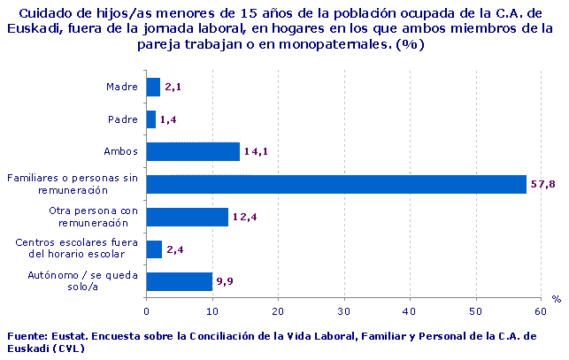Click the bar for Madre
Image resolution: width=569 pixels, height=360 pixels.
153,87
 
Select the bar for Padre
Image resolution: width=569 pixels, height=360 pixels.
150,119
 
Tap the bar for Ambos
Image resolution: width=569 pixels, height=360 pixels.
192,151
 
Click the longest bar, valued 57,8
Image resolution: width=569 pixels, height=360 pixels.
336,184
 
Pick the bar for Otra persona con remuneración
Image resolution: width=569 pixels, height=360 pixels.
187,217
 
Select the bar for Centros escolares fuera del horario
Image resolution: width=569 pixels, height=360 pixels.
154,249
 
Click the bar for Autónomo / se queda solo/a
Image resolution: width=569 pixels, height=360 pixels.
179,281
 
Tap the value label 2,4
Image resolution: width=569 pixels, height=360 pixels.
175,249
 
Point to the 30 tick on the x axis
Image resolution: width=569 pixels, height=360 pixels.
343,310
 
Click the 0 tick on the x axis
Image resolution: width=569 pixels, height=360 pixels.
146,310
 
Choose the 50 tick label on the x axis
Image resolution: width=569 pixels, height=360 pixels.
475,310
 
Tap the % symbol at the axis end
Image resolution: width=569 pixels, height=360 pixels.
556,300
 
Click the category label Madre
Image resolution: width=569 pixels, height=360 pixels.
120,87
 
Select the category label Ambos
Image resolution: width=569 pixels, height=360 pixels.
120,151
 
